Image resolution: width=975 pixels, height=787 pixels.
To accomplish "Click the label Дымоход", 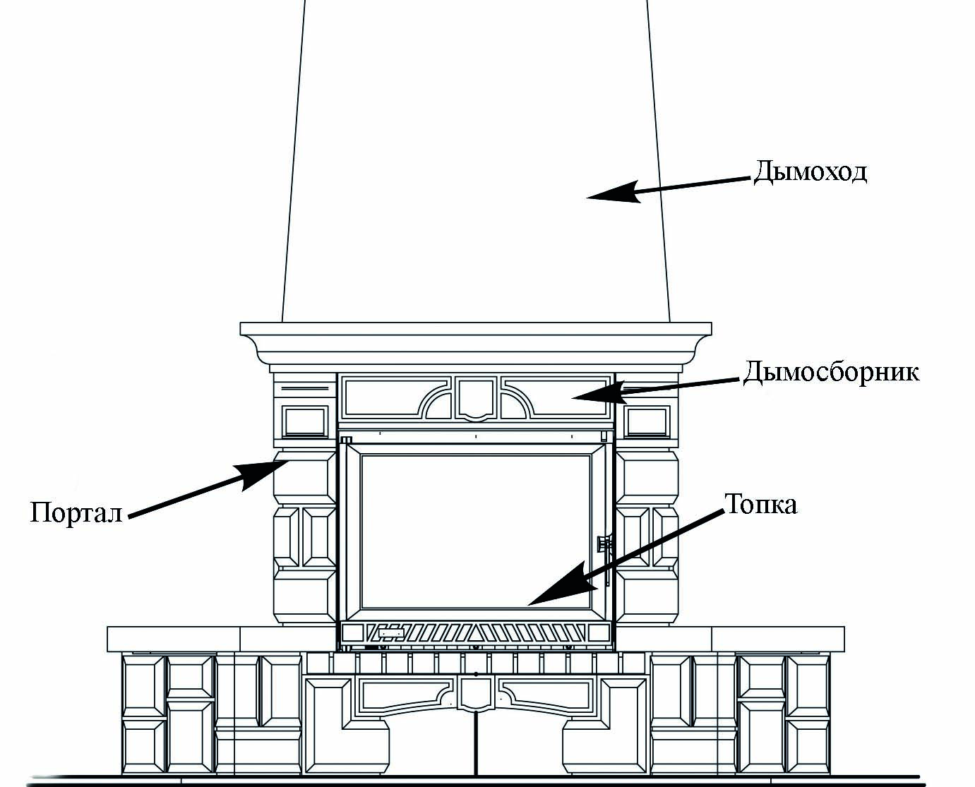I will tap(810, 172).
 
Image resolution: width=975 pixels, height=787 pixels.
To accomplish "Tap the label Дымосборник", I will tap(831, 371).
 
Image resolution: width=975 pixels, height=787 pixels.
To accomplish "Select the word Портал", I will tap(76, 512).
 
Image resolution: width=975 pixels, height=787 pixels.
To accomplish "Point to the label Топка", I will tap(761, 504).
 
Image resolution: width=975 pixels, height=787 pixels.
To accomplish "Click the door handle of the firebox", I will tap(604, 544).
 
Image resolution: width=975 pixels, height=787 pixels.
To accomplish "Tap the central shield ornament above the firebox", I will tap(476, 397).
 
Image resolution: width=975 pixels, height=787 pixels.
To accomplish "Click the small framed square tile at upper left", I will tap(305, 421).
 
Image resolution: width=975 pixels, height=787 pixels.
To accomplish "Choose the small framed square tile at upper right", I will tap(646, 421).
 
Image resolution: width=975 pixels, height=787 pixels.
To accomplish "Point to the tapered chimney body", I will tap(476, 141).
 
